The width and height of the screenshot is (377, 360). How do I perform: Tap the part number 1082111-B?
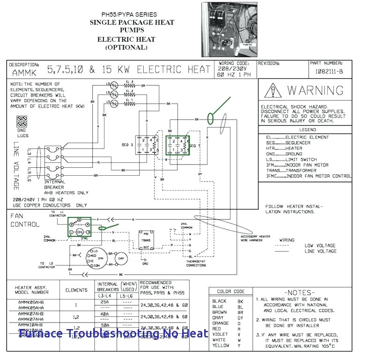pyautogui.click(x=328, y=71)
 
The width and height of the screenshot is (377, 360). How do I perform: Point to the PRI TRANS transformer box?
pyautogui.click(x=146, y=240)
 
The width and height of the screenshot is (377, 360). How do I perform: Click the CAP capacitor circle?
pyautogui.click(x=121, y=258)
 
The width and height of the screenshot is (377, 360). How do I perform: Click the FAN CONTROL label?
pyautogui.click(x=25, y=220)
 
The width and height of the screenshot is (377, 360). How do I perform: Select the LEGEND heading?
pyautogui.click(x=308, y=130)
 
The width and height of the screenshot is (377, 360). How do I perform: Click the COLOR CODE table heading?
pyautogui.click(x=230, y=292)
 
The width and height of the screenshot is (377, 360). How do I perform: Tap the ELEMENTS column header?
pyautogui.click(x=76, y=290)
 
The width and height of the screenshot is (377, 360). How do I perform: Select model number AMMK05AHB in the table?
pyautogui.click(x=31, y=301)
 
